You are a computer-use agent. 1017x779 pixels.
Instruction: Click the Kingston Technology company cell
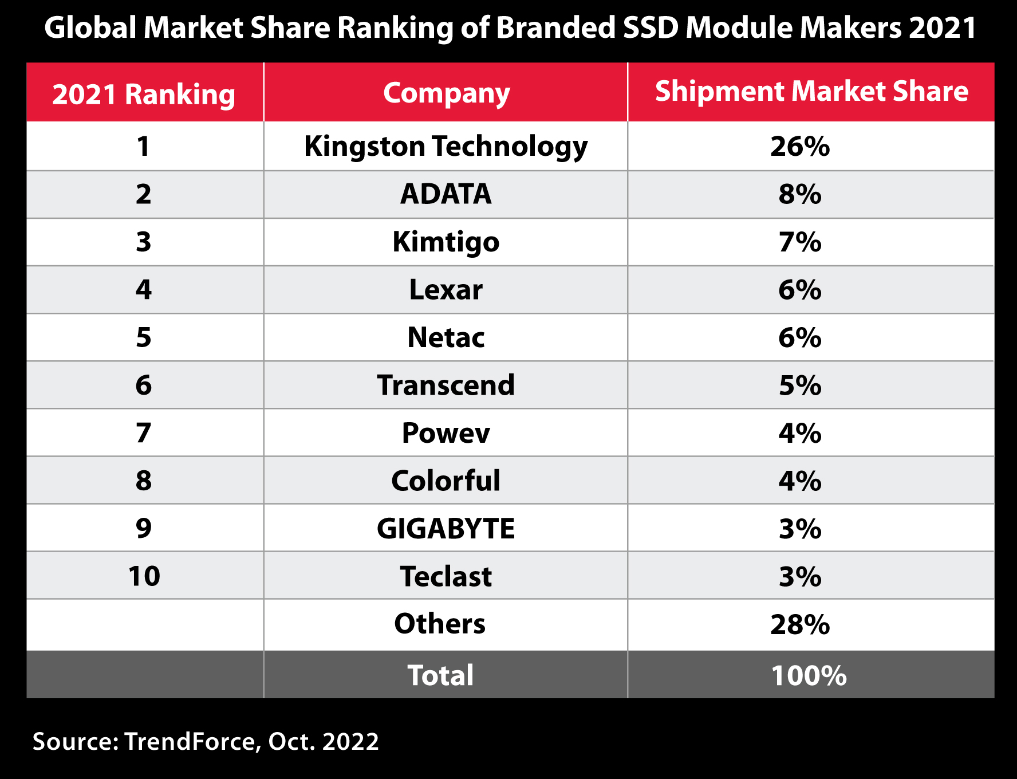446,147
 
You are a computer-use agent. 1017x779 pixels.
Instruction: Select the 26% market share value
799,147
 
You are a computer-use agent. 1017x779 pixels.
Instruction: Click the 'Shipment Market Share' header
811,92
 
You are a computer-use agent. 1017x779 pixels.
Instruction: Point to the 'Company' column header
446,93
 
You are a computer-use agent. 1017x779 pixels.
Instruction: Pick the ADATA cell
446,194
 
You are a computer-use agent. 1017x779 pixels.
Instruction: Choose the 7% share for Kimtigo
799,242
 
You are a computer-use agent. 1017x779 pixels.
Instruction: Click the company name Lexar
446,290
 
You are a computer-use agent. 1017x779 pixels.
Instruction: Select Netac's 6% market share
799,337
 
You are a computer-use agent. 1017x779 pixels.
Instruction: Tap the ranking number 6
144,385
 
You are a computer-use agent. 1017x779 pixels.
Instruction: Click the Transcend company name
446,385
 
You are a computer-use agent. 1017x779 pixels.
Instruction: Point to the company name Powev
446,433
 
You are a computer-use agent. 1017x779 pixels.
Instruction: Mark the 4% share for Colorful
799,481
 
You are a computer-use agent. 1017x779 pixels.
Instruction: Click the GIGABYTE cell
446,528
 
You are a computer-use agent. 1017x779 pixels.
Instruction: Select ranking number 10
144,576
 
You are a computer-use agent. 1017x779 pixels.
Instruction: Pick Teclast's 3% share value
799,576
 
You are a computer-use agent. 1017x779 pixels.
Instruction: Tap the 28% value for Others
799,624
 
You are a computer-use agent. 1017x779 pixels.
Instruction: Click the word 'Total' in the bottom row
440,675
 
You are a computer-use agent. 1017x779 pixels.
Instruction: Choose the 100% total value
808,676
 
